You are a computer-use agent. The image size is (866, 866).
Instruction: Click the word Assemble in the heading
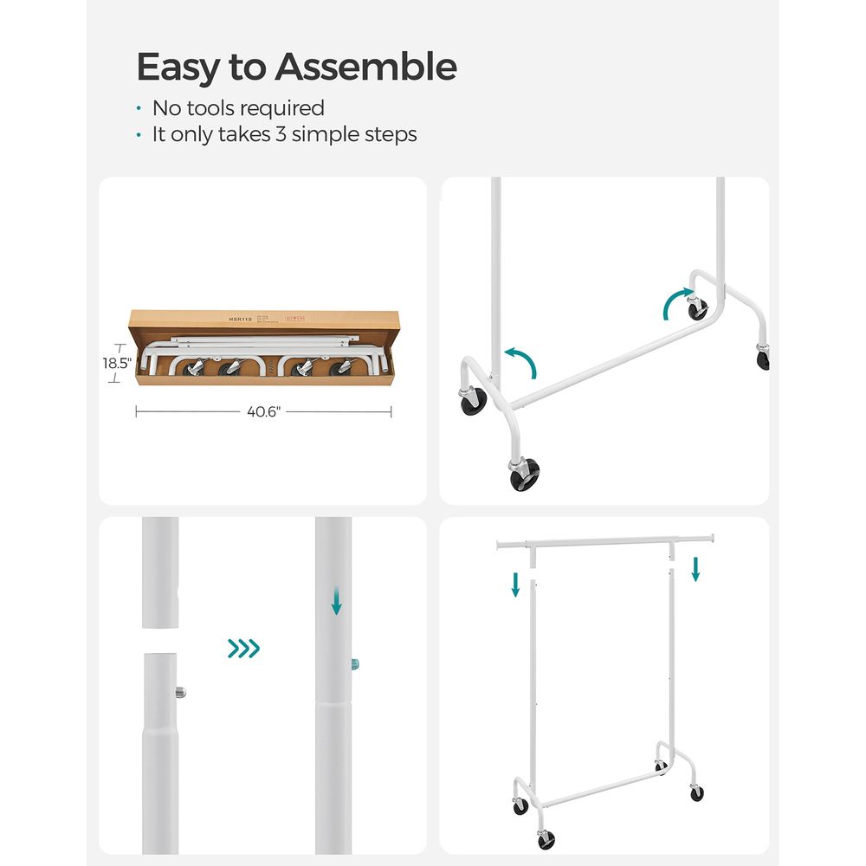point(366,67)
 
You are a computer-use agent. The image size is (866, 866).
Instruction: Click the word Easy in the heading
point(177,67)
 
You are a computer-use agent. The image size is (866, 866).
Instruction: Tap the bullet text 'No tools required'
point(238,108)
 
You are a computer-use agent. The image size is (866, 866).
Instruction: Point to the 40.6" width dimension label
point(263,412)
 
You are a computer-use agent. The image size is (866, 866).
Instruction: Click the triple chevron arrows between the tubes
point(243,649)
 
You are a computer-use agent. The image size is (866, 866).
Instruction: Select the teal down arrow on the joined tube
point(336,604)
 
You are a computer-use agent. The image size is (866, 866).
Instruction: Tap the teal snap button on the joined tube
point(355,665)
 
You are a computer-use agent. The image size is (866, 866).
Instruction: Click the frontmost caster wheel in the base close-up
point(525,474)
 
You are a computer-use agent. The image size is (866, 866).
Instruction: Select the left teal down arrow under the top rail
point(515,585)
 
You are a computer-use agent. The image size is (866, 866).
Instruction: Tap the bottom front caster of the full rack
point(545,838)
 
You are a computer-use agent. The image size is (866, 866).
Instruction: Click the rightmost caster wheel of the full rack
point(697,792)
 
